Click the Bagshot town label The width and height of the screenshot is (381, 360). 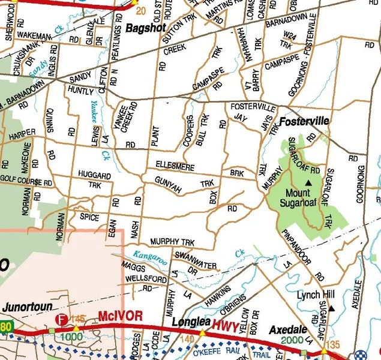coord(145,28)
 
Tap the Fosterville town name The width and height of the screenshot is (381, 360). coord(305,121)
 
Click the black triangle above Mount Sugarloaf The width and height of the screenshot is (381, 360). coord(309,182)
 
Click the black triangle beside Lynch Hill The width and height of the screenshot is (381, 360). coord(331,308)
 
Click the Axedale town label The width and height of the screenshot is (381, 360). coord(288,331)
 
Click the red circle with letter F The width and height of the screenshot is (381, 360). coord(60,320)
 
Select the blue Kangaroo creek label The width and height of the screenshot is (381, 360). coord(149,257)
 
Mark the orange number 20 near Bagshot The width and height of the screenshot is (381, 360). coord(140,11)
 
